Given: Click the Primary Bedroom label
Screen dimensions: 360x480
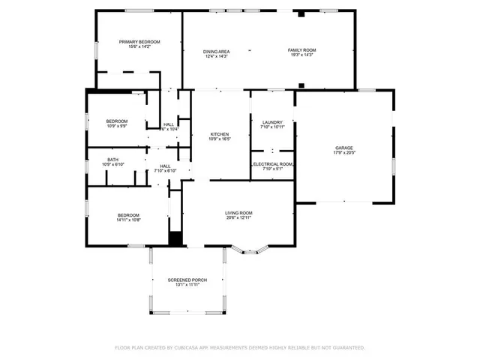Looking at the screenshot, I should (139, 41).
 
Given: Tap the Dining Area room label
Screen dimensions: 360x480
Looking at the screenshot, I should (216, 50).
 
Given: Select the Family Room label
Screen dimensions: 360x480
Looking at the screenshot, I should (302, 50).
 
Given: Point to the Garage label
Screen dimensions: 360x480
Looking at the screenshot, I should (343, 148).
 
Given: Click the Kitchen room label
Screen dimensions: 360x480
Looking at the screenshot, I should (220, 133).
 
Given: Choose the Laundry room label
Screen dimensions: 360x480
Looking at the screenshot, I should (271, 121).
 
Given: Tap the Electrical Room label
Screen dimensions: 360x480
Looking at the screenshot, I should (273, 163).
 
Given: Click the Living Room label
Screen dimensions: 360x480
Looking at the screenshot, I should (238, 213).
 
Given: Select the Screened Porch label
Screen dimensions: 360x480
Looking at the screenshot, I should (186, 280).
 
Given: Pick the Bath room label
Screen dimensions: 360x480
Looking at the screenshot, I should (112, 159).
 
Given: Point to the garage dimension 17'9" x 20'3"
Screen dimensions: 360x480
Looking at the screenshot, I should (343, 153).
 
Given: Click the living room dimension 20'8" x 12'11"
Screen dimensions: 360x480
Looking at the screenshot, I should (238, 218).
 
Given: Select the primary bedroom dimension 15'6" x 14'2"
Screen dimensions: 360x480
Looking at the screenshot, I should (139, 46).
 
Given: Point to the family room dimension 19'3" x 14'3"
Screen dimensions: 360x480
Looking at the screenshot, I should (302, 55).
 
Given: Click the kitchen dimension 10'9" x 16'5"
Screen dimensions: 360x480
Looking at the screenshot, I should (220, 139).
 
